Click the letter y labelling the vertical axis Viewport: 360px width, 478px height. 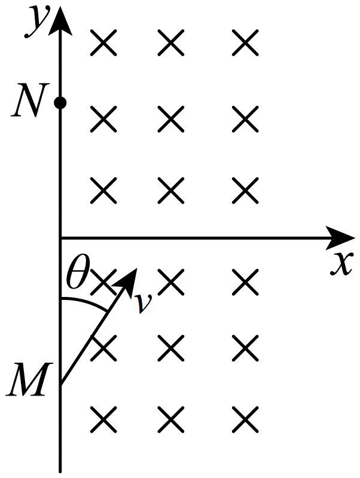[x=37, y=22]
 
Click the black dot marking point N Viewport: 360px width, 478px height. [x=60, y=103]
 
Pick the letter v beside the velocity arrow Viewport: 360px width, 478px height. [x=144, y=304]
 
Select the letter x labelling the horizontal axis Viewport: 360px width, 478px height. [x=341, y=263]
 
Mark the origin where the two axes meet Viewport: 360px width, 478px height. [x=60, y=238]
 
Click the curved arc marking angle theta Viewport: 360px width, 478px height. [x=84, y=304]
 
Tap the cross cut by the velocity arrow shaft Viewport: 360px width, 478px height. [x=103, y=348]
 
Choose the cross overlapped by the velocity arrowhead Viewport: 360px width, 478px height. [x=103, y=282]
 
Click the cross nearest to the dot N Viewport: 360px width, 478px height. [x=103, y=119]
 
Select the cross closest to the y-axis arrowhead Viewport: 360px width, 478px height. [x=103, y=42]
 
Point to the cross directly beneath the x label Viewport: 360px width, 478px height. [x=245, y=282]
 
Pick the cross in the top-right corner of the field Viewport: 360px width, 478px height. [x=245, y=42]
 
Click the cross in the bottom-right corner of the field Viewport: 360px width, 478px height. [x=245, y=419]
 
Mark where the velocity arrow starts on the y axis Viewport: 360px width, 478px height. [x=61, y=384]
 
